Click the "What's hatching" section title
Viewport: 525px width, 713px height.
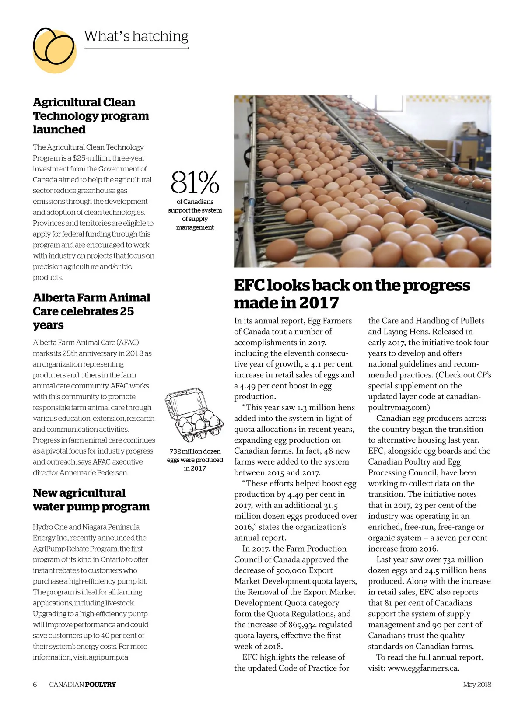point(136,36)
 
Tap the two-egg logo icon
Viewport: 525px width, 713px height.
point(54,49)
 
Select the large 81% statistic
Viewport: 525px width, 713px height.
point(195,182)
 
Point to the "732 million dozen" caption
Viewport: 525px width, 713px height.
point(195,451)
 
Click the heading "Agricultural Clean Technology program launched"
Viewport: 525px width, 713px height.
point(91,116)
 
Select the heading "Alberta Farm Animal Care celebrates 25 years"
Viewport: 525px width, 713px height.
point(91,311)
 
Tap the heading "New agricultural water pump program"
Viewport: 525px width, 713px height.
point(91,500)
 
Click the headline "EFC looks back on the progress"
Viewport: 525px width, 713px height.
point(352,285)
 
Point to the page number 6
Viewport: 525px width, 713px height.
point(35,685)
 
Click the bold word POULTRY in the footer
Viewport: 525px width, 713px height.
point(100,685)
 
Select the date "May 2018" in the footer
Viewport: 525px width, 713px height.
point(477,685)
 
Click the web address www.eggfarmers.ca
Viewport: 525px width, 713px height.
point(422,668)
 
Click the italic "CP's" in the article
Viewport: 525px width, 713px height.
point(484,375)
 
